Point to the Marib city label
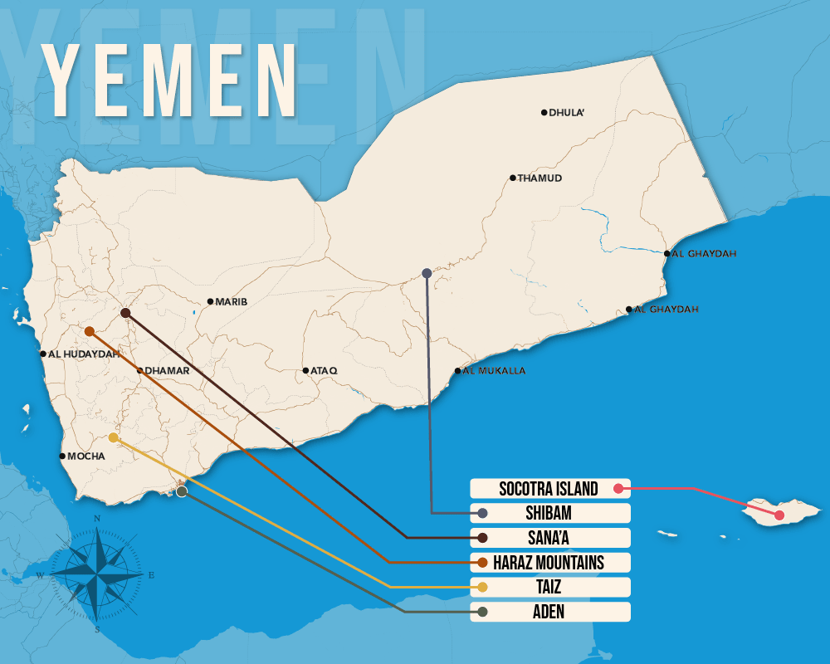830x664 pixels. (232, 302)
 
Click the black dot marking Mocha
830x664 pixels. (62, 456)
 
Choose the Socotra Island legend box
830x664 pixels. (549, 489)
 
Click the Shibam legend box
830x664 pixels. (549, 513)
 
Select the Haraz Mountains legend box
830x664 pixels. (549, 563)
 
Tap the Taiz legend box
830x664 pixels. (549, 588)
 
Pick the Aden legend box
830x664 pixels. (549, 612)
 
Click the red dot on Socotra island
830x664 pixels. (779, 515)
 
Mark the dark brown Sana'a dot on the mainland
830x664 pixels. (125, 313)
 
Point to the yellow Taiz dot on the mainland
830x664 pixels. (113, 437)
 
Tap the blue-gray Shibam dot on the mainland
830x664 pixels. (427, 273)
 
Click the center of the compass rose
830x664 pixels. (97, 574)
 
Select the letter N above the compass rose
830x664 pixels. (97, 519)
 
